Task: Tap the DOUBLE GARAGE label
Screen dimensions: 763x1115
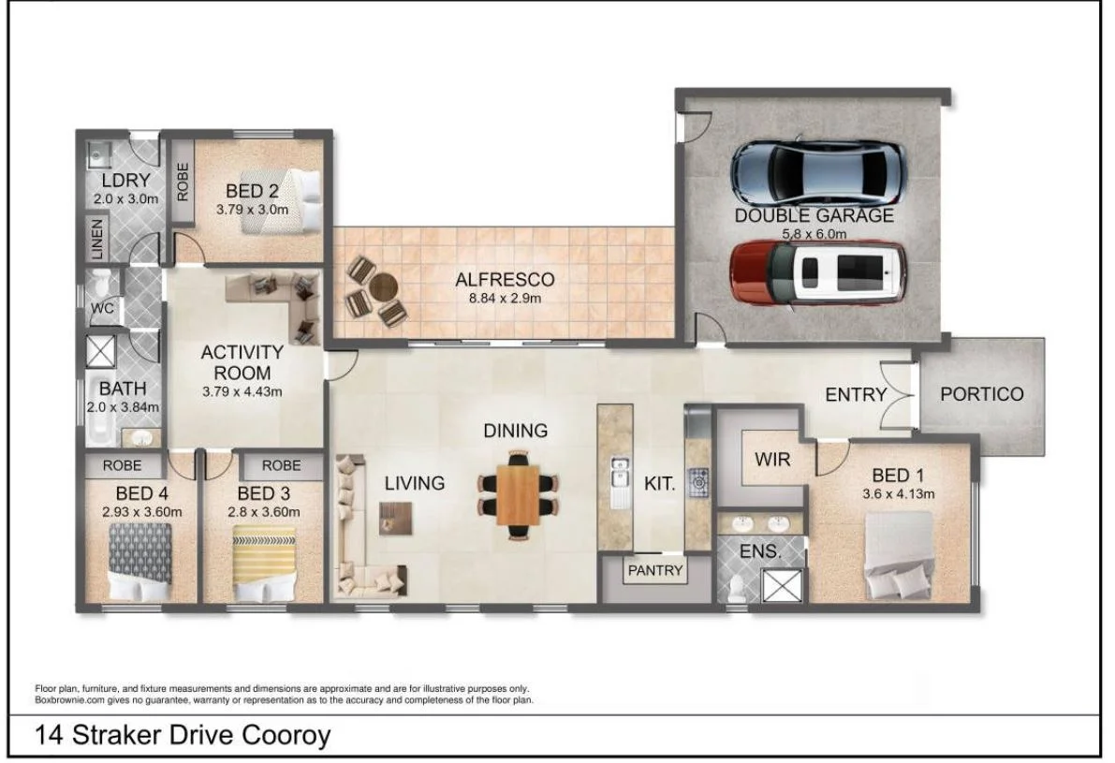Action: click(x=814, y=215)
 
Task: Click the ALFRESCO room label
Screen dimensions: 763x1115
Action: click(x=505, y=279)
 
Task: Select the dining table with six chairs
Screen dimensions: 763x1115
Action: click(x=518, y=494)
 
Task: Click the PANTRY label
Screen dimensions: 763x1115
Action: click(x=655, y=569)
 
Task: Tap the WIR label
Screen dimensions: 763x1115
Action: click(x=771, y=460)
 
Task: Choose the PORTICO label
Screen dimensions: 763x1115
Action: click(x=981, y=393)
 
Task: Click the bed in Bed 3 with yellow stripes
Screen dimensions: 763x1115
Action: click(x=263, y=563)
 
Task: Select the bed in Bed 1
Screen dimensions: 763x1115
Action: click(x=898, y=555)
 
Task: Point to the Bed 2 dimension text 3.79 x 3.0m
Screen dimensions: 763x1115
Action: click(x=252, y=209)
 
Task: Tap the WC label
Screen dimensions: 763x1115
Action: click(x=102, y=308)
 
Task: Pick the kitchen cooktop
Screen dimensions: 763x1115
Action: click(x=697, y=483)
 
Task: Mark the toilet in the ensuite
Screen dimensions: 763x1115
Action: click(x=737, y=586)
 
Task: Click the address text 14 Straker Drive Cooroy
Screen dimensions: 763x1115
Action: click(x=183, y=735)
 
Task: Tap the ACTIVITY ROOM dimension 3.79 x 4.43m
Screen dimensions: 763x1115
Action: click(x=242, y=392)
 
